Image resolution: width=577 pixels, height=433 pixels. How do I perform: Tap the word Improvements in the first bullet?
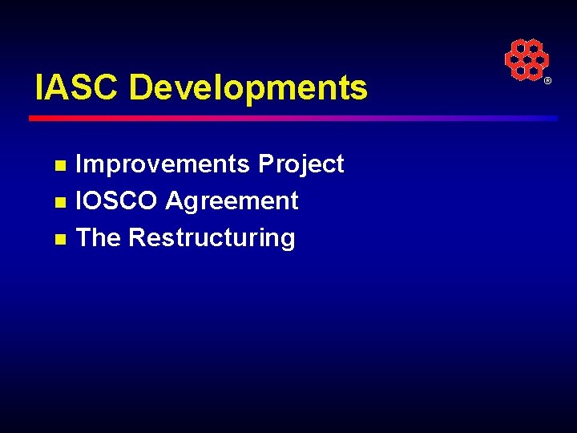(x=163, y=164)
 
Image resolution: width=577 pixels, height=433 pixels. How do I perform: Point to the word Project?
(x=301, y=164)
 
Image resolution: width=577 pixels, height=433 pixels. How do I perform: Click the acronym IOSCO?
(x=116, y=200)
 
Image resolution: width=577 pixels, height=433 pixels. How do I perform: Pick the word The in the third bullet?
(x=98, y=237)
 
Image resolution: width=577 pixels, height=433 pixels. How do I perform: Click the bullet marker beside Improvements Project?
(x=59, y=167)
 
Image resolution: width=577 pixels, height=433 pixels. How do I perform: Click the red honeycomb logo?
(x=527, y=59)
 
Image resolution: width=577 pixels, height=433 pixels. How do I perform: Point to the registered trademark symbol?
(x=548, y=82)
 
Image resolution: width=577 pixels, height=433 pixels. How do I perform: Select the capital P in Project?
(x=265, y=164)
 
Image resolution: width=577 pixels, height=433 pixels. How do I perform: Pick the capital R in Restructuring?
(x=136, y=237)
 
